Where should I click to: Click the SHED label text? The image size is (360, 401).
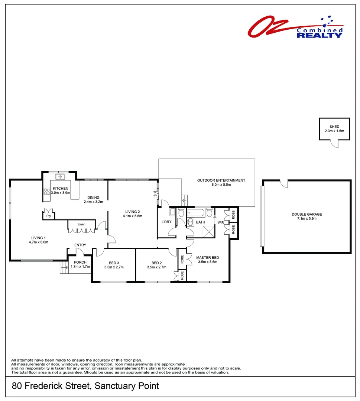(334, 127)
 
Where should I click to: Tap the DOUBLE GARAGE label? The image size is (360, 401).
(307, 214)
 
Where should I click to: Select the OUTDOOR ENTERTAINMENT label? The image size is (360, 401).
(221, 180)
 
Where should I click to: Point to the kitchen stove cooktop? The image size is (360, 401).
(47, 192)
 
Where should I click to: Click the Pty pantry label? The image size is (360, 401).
(49, 216)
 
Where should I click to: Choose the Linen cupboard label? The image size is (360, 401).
(81, 225)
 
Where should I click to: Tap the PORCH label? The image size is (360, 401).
(80, 262)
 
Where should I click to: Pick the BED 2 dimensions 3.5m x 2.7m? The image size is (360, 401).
(156, 267)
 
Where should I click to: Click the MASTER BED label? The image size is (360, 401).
(207, 257)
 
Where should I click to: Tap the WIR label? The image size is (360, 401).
(220, 223)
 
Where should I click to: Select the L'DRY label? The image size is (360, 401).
(166, 222)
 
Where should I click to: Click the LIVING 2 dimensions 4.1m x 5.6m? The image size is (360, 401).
(133, 216)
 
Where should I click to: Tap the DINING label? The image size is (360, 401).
(93, 197)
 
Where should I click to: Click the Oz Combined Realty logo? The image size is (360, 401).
(296, 27)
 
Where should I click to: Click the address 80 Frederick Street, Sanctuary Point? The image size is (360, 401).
(85, 386)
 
